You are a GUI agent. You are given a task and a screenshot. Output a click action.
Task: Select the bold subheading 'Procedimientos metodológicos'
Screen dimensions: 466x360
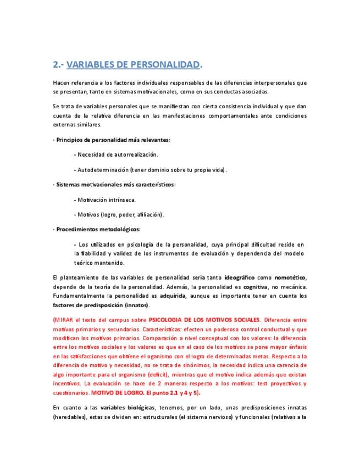pyautogui.click(x=98, y=229)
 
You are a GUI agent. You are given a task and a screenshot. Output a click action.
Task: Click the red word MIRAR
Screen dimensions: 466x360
pyautogui.click(x=66, y=320)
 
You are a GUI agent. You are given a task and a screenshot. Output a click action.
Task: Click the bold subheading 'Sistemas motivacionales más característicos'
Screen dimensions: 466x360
pyautogui.click(x=115, y=184)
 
